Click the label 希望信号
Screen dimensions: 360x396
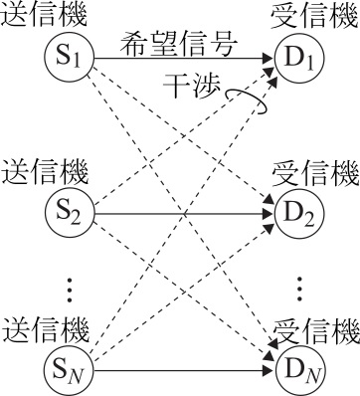(179, 45)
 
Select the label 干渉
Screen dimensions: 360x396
(192, 87)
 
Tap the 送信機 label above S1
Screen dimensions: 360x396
(44, 15)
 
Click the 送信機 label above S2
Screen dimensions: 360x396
(45, 172)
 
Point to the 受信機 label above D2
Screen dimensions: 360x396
(316, 172)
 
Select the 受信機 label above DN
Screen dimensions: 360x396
(317, 330)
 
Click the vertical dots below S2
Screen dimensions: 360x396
(69, 290)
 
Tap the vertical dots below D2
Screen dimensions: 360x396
(299, 289)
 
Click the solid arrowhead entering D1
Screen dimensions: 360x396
(269, 59)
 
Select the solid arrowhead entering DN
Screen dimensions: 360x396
(269, 371)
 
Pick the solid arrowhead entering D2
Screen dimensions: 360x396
(269, 213)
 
